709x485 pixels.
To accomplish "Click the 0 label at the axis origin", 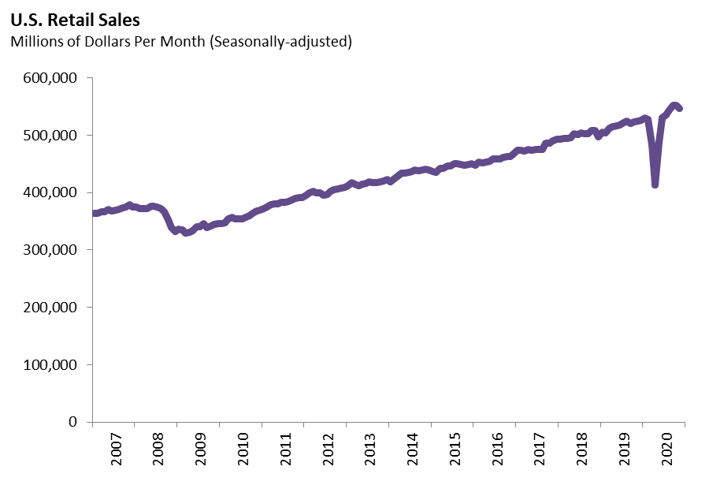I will [72, 422].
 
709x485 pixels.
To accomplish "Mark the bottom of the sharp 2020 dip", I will [655, 185].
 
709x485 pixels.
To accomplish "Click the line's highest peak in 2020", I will [674, 105].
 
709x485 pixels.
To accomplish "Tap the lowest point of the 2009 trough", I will [187, 233].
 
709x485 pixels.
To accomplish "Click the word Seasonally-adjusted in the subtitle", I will [280, 42].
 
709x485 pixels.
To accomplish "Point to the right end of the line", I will [680, 109].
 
